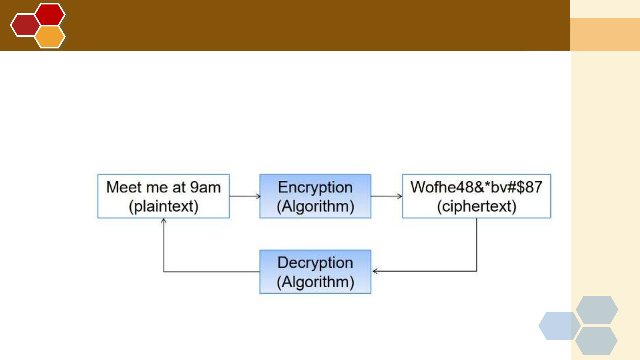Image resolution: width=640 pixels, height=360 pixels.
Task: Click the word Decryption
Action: (315, 263)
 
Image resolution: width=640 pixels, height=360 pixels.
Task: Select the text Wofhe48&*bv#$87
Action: (476, 187)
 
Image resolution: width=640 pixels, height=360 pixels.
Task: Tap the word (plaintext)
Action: (164, 206)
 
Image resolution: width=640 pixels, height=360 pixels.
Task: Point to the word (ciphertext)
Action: (477, 206)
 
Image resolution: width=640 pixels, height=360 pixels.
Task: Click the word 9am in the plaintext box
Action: (205, 187)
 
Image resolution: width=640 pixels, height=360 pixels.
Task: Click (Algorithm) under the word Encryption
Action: (316, 206)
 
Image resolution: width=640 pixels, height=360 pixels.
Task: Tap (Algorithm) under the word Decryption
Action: (316, 282)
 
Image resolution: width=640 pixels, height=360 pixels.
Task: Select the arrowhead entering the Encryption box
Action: (258, 196)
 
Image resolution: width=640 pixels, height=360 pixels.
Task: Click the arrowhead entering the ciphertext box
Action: (400, 196)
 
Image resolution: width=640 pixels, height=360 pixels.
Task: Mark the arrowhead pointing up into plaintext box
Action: (164, 221)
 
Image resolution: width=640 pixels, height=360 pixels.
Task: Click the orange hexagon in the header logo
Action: (50, 37)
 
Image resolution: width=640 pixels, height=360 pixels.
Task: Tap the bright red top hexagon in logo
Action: (50, 15)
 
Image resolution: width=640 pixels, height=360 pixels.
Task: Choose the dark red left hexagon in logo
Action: (25, 25)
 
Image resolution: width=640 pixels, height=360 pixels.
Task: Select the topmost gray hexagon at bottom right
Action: (597, 310)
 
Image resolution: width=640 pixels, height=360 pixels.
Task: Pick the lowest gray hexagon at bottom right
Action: (596, 341)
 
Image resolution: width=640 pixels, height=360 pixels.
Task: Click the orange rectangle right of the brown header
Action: (605, 35)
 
